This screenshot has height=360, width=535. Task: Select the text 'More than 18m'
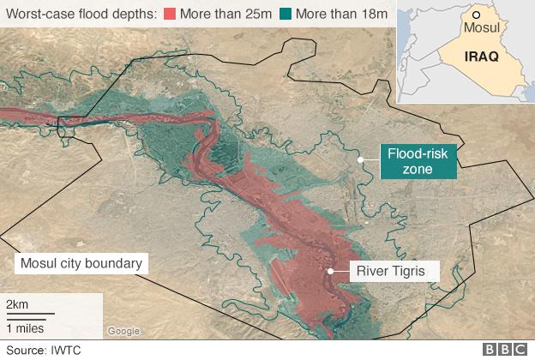(x=334, y=15)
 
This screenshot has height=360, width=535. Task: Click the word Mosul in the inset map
(x=480, y=28)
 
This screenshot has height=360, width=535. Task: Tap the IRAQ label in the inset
(x=480, y=56)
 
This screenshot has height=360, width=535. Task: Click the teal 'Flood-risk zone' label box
(x=418, y=162)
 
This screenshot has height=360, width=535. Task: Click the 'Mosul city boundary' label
(x=81, y=263)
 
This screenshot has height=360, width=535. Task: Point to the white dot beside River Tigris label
(x=330, y=271)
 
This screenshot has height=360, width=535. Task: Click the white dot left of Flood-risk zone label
(x=361, y=159)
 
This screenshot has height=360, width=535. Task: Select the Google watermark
(x=123, y=331)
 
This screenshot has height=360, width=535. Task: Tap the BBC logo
(x=506, y=350)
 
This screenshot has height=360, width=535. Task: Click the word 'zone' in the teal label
(x=418, y=171)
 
